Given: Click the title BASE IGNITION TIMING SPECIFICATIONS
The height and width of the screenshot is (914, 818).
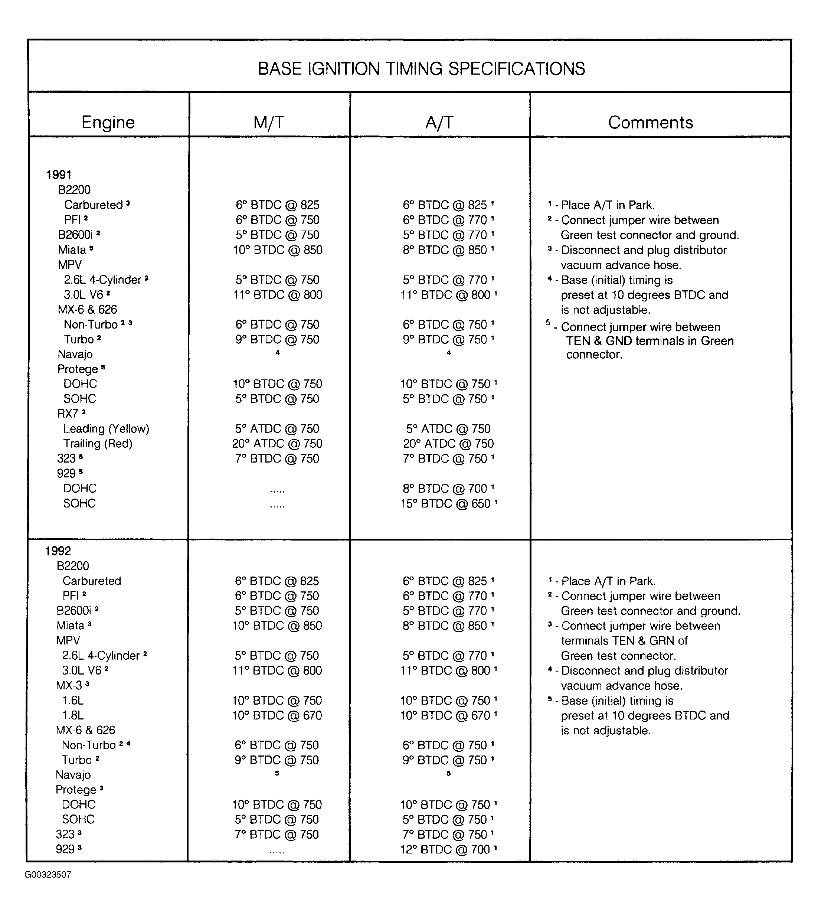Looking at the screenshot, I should tap(421, 69).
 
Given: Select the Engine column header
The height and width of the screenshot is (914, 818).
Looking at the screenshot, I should tap(108, 122).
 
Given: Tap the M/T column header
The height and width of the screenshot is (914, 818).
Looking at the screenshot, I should tap(268, 122).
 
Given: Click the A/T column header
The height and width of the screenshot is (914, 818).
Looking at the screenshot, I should tap(439, 122).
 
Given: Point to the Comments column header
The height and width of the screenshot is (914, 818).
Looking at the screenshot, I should tap(650, 122).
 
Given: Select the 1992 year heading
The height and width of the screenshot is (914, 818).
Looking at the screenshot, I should tap(58, 551).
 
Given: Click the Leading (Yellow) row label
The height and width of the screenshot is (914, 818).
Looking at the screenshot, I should tap(106, 428).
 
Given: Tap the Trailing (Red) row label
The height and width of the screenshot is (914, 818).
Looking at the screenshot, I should tap(98, 443).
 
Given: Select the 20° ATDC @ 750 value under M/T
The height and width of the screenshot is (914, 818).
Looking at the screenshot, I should tap(277, 443).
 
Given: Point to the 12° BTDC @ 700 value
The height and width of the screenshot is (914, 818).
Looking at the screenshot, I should tap(445, 849).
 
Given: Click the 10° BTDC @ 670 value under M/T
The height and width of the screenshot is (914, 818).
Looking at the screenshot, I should tap(277, 715).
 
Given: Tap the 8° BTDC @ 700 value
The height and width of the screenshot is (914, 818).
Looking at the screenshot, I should tap(445, 489).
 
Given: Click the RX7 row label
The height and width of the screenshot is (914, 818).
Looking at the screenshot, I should tap(68, 413).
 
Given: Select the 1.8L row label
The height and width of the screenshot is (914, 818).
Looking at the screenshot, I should tap(73, 715).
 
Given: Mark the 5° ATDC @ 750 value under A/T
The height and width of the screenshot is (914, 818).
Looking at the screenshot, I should tap(448, 428).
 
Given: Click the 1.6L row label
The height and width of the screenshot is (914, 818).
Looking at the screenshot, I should tap(73, 701).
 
